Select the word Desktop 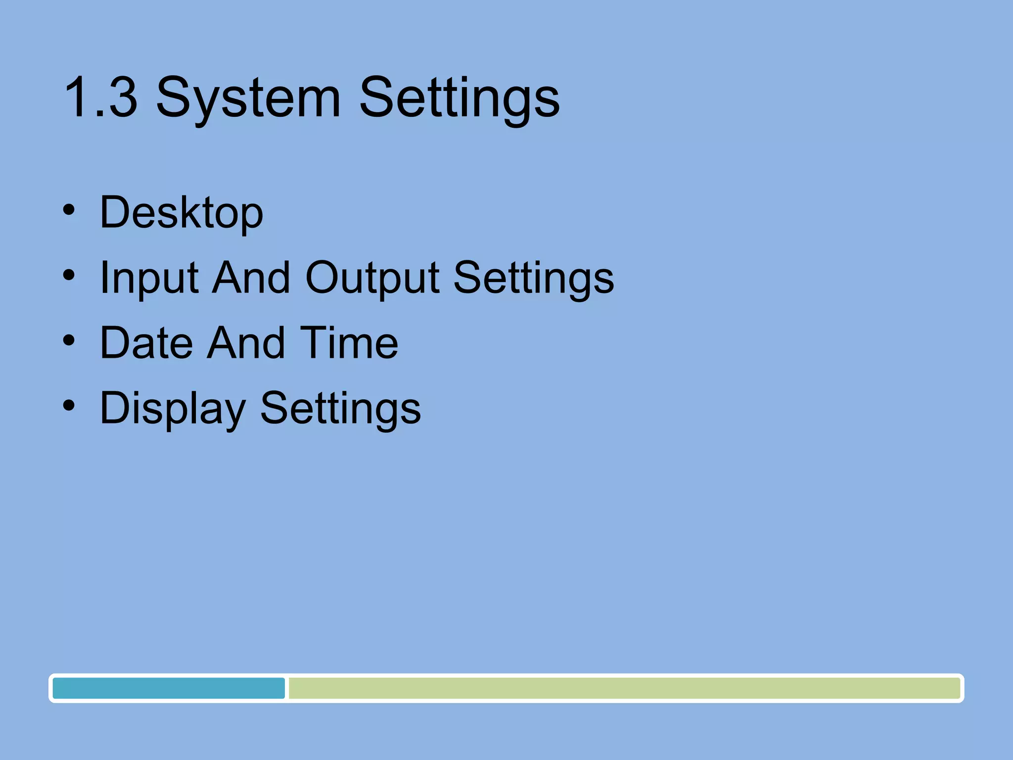click(182, 213)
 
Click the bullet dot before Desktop click(69, 210)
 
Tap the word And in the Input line click(251, 278)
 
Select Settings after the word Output click(534, 279)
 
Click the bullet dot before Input click(69, 275)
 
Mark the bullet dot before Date click(69, 340)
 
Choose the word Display click(173, 409)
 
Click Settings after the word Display click(340, 409)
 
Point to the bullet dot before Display click(69, 406)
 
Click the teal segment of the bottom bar click(169, 688)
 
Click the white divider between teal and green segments click(287, 688)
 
